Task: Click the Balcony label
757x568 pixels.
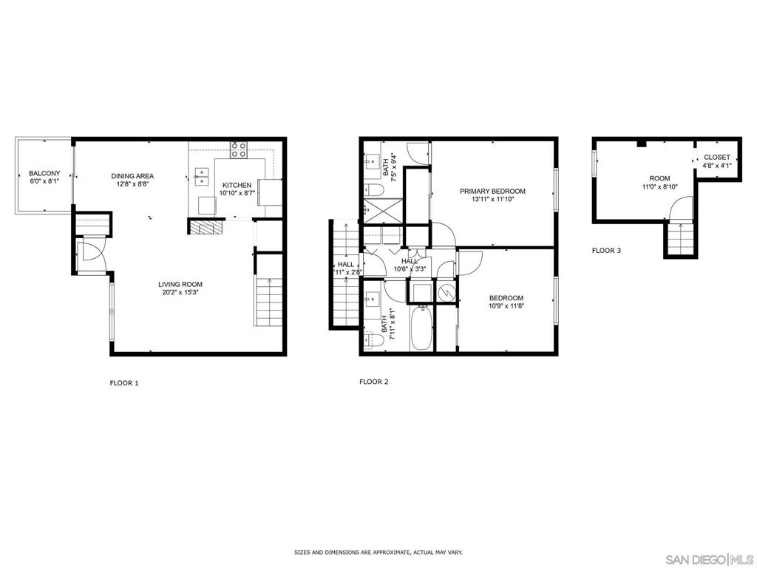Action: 44,173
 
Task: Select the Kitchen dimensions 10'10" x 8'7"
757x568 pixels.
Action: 237,193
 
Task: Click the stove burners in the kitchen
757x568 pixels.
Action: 239,149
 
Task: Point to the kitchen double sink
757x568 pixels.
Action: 201,177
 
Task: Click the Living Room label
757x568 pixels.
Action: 180,285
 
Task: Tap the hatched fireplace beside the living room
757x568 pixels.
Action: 207,227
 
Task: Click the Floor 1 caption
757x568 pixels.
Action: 124,383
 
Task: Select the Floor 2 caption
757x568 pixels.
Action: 373,382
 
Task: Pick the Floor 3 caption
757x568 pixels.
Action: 606,250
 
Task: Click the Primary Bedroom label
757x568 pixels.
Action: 492,191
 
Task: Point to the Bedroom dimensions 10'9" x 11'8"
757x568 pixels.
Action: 506,305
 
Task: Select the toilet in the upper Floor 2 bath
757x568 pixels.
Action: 373,189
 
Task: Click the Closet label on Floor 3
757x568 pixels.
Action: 717,157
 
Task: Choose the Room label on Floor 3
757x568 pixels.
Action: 659,178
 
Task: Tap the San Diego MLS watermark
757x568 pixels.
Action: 709,559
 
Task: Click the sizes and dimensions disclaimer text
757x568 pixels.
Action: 378,551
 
